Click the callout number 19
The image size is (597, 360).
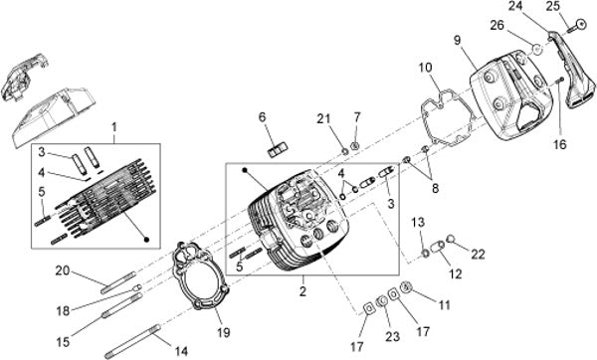224,332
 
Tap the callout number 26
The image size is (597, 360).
497,26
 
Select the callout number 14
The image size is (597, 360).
181,351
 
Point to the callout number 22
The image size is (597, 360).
479,255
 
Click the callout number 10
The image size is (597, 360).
426,68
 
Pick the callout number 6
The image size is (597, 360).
263,117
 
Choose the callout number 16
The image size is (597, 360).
560,144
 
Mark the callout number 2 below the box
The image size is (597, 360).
302,291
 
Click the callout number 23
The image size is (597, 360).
393,336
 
